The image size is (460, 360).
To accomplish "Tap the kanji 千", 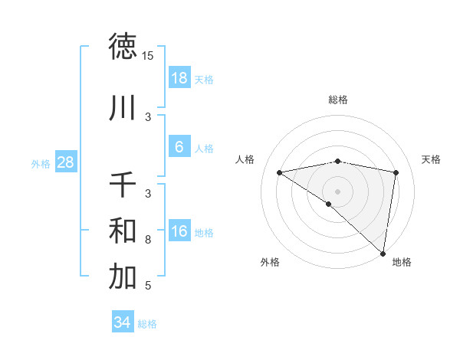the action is pos(123,185).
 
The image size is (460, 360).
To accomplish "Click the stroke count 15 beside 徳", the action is pos(148,56).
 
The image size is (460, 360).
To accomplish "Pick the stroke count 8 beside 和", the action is pos(148,240).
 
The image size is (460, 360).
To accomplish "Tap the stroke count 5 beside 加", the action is pos(148,286).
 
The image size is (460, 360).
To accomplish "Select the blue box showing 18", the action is pos(179,78).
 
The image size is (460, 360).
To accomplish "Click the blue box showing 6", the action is pos(179,147).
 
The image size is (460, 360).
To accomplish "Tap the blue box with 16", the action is pos(179,231).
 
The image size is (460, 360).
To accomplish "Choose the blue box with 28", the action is pos(65,162).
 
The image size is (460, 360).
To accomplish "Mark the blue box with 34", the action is pos(122,322).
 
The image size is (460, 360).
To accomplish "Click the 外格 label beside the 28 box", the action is pos(41,163).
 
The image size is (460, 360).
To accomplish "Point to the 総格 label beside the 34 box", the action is pos(147,324).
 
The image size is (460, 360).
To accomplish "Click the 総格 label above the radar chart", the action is pos(338,100).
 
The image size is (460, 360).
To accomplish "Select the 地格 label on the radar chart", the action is pos(402,262).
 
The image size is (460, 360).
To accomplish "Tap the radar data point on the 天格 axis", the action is pos(396,173).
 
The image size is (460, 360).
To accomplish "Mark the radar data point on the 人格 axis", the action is pos(280,172).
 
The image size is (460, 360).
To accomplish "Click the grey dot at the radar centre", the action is pos(337,191).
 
